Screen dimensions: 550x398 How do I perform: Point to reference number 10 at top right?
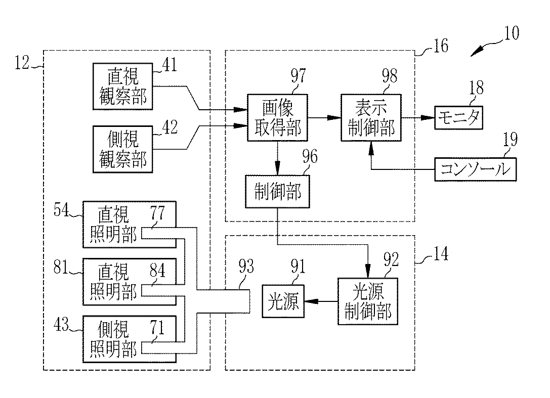(x=512, y=33)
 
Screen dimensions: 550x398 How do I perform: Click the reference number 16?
(x=441, y=46)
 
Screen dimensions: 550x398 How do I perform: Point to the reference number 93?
(x=246, y=267)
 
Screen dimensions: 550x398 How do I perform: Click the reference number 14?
(x=441, y=253)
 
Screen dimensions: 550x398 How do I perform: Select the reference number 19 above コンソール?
(x=511, y=140)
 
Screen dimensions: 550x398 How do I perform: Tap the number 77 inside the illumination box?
(x=157, y=212)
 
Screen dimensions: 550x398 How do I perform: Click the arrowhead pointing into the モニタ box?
(x=428, y=118)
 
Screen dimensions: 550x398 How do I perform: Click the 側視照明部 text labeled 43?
(x=113, y=339)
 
